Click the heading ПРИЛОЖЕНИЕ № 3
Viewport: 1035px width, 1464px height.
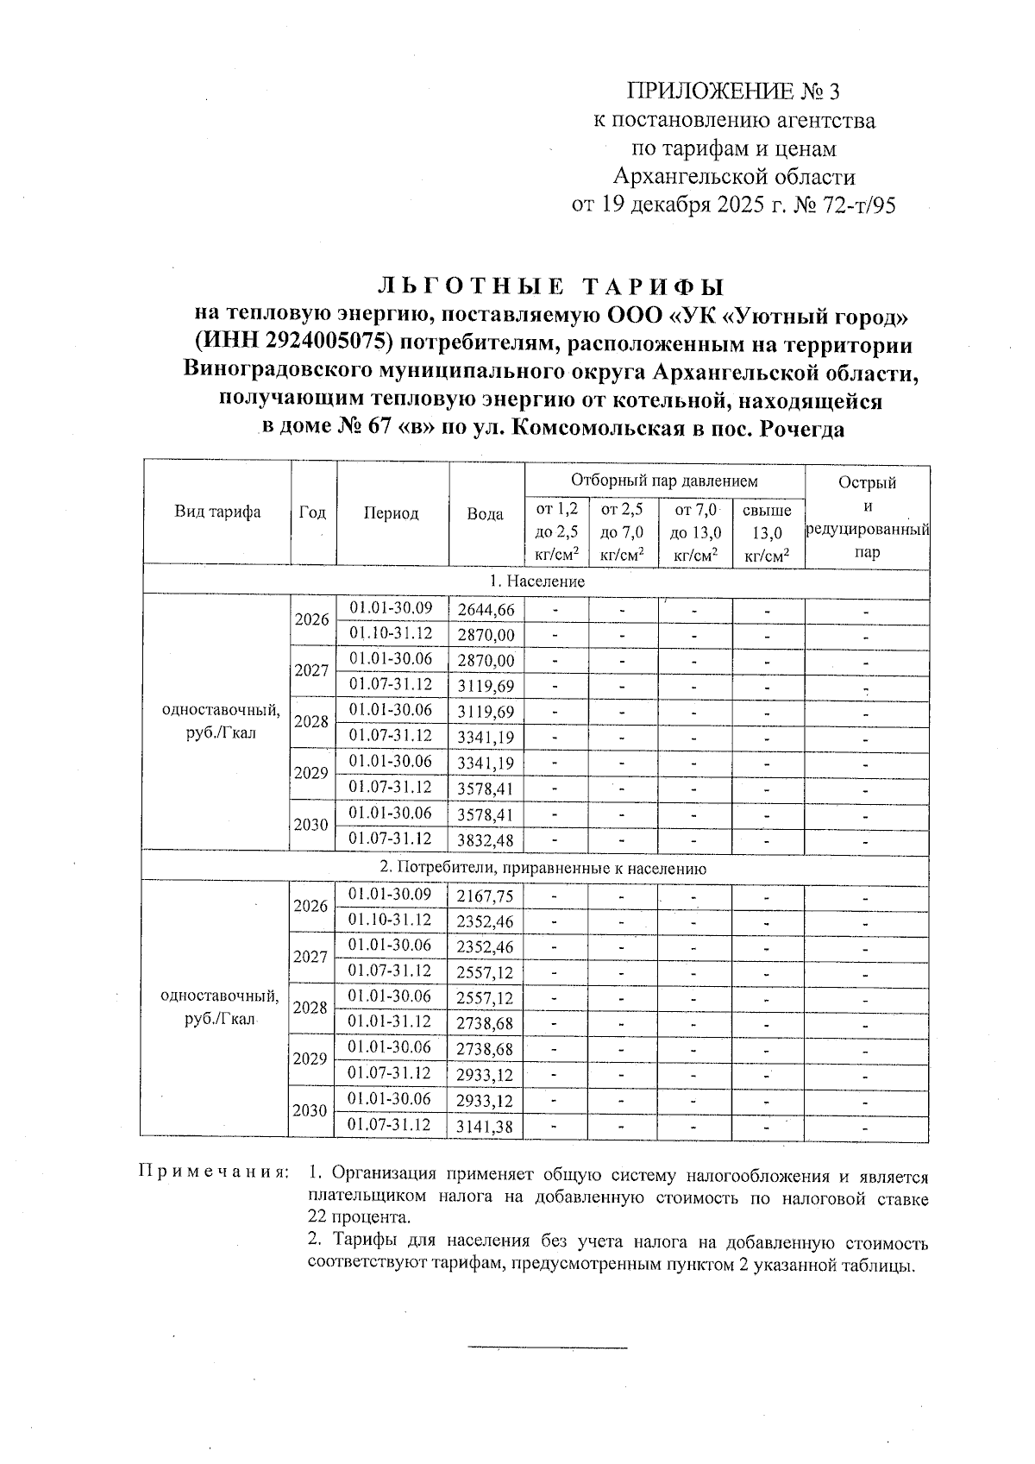(733, 91)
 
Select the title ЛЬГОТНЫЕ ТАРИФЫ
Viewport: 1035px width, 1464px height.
(552, 287)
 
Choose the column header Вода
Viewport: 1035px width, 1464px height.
(486, 514)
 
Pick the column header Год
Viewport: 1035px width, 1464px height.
(312, 512)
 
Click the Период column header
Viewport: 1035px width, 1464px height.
(391, 513)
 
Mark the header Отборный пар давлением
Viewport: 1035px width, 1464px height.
(664, 481)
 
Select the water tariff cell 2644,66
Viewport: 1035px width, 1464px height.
(486, 611)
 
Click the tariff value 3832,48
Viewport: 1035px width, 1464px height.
(486, 839)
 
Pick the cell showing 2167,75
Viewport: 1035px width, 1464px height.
(486, 897)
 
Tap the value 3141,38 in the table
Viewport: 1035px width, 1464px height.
(486, 1127)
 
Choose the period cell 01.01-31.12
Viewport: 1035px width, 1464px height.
(390, 1022)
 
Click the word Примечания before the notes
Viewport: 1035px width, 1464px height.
(212, 1174)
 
